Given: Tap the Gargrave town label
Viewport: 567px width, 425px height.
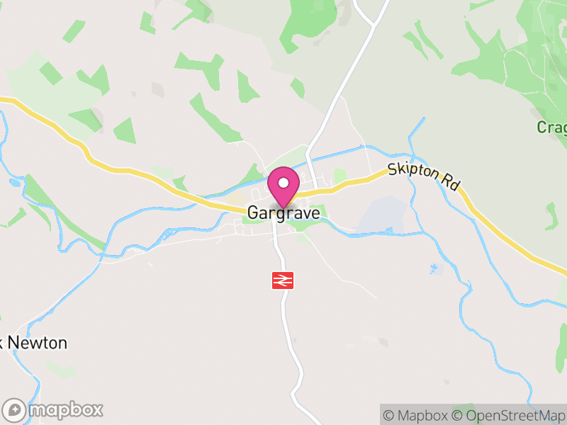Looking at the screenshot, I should tap(283, 212).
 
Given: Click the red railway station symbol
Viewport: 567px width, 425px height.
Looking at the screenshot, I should tap(282, 280).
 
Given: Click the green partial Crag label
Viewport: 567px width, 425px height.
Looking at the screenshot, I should tap(551, 127).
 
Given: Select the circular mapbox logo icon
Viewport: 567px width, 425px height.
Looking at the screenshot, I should tap(14, 409).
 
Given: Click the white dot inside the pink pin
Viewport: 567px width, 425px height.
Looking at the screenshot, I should tap(283, 183).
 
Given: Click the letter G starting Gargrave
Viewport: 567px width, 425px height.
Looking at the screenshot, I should tap(253, 212).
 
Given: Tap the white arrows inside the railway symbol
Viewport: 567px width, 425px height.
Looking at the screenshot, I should tap(282, 280).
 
